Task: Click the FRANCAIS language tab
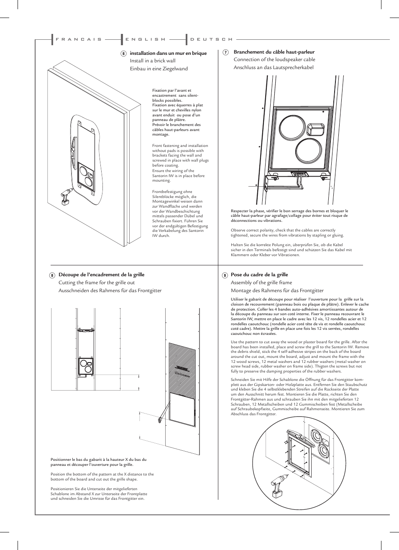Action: pyautogui.click(x=79, y=39)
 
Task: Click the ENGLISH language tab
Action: pyautogui.click(x=146, y=39)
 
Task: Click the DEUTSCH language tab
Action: pyautogui.click(x=211, y=39)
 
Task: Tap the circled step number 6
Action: pyautogui.click(x=123, y=54)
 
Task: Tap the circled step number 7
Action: pyautogui.click(x=225, y=52)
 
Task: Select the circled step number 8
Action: pyautogui.click(x=52, y=275)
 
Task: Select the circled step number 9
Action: pyautogui.click(x=225, y=275)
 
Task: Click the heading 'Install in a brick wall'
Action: pyautogui.click(x=152, y=61)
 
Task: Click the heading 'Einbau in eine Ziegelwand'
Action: pyautogui.click(x=159, y=69)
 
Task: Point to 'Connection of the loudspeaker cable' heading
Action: pyautogui.click(x=274, y=59)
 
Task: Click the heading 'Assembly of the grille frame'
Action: pyautogui.click(x=261, y=283)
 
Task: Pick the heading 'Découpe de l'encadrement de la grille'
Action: pyautogui.click(x=101, y=275)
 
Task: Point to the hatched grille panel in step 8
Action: pyautogui.click(x=182, y=368)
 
